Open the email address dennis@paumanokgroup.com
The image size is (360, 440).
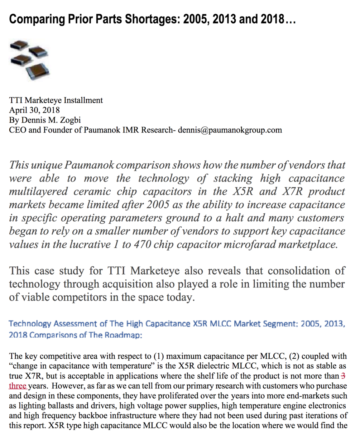pos(230,130)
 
